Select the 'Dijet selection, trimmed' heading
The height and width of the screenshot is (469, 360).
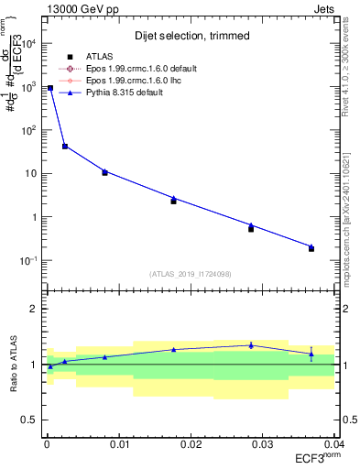pyautogui.click(x=191, y=35)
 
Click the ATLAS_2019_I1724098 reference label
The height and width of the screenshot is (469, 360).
pyautogui.click(x=191, y=274)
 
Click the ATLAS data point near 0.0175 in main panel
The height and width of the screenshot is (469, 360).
pyautogui.click(x=173, y=201)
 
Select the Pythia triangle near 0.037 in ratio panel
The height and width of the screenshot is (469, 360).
pyautogui.click(x=311, y=354)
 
